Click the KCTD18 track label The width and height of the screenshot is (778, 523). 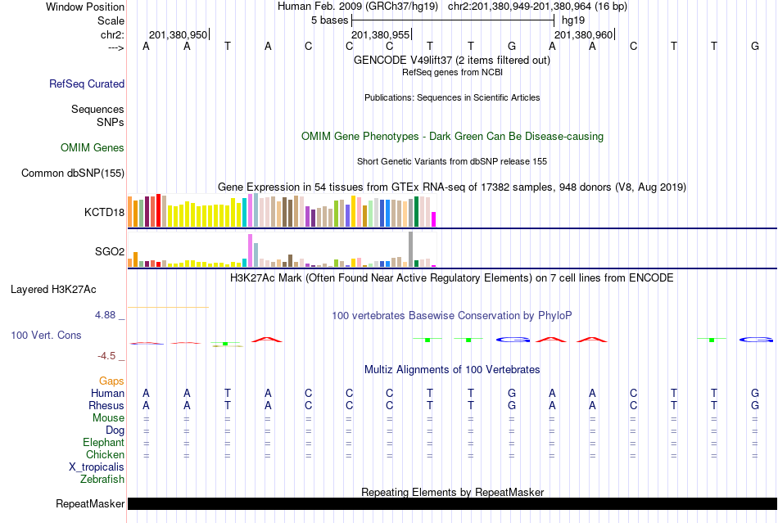click(104, 212)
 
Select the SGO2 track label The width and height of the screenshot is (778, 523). click(110, 251)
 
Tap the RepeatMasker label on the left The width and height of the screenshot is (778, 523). click(90, 503)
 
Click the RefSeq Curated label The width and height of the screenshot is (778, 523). click(87, 83)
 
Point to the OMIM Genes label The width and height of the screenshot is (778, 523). click(93, 148)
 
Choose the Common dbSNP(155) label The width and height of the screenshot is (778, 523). click(73, 173)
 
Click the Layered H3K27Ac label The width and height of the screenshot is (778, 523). click(53, 289)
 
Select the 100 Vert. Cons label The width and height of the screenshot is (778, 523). click(46, 336)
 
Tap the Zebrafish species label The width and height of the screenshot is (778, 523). click(102, 479)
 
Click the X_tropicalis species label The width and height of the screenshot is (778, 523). click(97, 467)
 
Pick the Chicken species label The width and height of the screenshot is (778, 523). click(106, 454)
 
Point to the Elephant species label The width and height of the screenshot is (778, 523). click(103, 442)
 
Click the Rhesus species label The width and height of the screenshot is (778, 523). click(106, 405)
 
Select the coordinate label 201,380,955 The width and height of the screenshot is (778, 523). click(380, 35)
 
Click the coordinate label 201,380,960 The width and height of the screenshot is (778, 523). click(583, 35)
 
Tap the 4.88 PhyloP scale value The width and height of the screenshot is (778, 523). click(106, 315)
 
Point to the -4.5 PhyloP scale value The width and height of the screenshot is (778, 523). click(108, 356)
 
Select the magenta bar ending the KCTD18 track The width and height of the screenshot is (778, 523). click(434, 219)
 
